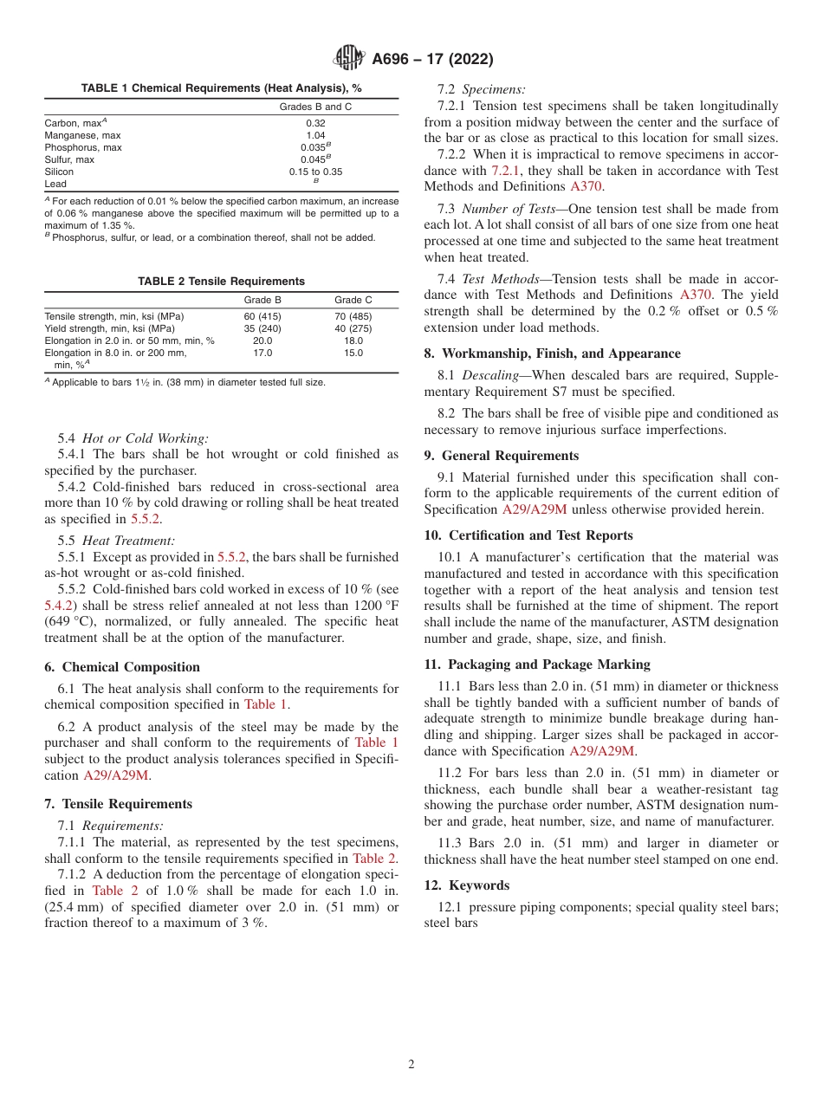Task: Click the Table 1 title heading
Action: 221,88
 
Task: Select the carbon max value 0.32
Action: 315,123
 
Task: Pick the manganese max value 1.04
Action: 315,135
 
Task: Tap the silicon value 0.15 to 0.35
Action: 315,172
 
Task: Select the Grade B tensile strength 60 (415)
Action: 262,317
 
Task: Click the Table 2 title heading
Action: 221,282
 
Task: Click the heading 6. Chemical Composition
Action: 122,667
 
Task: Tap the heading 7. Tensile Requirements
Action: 119,804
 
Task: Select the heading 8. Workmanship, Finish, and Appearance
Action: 552,353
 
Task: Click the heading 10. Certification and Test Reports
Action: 528,535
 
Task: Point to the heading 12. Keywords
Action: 467,885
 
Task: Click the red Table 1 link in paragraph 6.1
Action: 266,704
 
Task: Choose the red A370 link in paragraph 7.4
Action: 697,295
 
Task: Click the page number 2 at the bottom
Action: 411,1065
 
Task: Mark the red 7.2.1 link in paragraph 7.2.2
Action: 508,171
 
